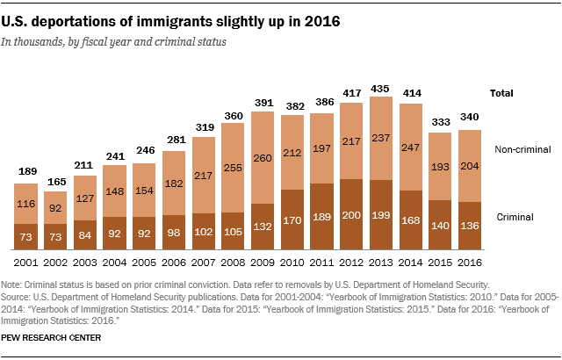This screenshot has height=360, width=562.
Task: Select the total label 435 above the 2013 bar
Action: (382, 89)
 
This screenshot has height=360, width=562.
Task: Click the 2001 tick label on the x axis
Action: (26, 263)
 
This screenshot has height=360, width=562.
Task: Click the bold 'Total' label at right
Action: (501, 92)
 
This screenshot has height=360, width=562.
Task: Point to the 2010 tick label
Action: (293, 263)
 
